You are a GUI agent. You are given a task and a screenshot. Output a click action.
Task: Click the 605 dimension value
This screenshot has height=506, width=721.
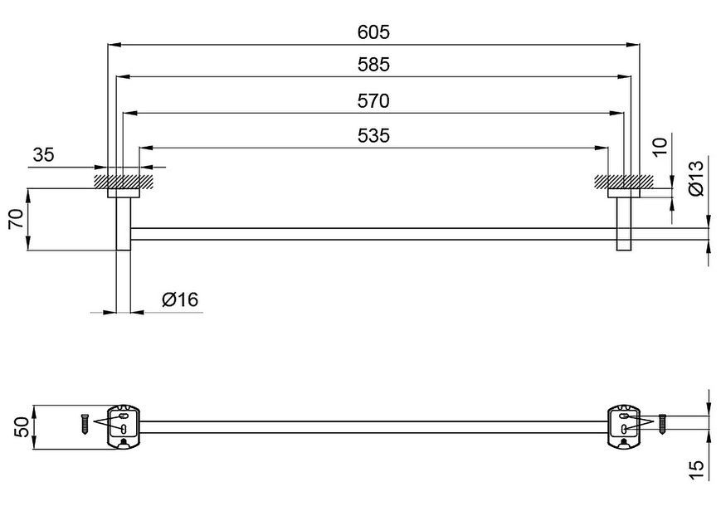[373, 32]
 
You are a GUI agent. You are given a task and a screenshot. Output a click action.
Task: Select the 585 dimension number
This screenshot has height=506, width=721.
[373, 65]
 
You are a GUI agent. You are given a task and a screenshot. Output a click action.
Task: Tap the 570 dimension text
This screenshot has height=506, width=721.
[373, 100]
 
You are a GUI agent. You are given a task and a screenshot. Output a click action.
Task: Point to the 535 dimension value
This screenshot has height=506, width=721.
[373, 135]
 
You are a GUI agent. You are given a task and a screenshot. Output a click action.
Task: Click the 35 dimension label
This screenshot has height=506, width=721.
[44, 155]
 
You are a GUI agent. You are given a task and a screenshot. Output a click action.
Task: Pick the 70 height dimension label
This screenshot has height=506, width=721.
[17, 219]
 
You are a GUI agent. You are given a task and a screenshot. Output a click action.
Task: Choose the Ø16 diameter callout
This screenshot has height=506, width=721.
[180, 299]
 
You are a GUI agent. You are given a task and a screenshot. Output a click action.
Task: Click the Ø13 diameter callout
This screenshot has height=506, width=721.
[697, 178]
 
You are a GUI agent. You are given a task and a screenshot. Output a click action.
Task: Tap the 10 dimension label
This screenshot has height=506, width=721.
[660, 147]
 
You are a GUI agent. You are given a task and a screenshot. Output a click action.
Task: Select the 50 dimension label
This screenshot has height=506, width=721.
[23, 427]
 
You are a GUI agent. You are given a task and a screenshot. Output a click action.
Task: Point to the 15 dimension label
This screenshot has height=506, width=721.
[697, 470]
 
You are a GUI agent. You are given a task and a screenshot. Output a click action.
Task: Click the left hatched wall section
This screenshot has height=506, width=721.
[124, 182]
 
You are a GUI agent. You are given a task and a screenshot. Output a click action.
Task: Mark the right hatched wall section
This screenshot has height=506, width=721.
[624, 182]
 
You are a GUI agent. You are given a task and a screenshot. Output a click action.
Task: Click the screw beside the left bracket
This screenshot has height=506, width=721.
[85, 423]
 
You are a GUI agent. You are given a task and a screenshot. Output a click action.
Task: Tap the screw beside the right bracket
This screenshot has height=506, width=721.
[662, 423]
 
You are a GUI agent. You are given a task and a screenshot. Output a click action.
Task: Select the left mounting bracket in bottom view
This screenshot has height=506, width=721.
[124, 426]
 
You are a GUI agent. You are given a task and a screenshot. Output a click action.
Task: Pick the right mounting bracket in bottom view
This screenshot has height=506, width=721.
[624, 426]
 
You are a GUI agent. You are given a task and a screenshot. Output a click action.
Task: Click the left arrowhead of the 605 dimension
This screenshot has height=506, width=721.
[114, 45]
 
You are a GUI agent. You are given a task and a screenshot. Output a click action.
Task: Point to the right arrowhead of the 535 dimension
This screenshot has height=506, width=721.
[602, 148]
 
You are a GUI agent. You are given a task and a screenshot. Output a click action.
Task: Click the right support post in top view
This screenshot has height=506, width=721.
[624, 224]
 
